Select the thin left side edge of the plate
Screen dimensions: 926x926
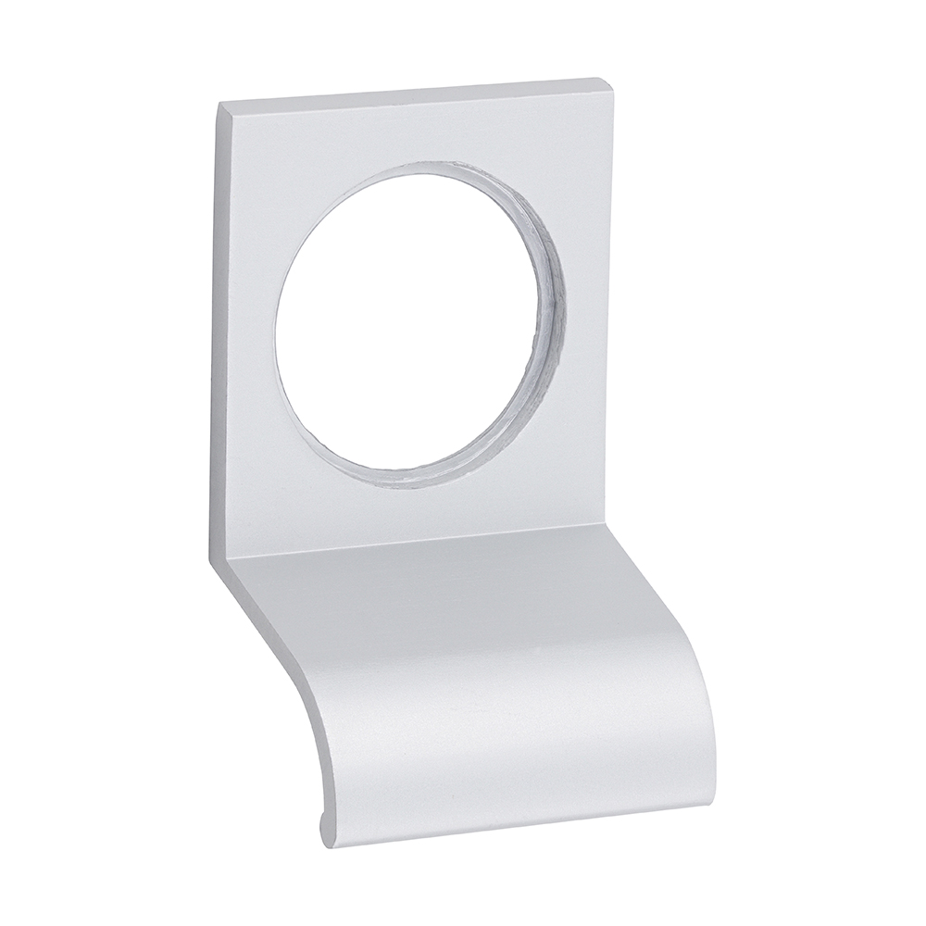223,324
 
